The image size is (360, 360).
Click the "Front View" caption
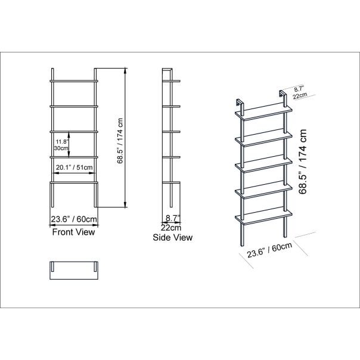point(73,232)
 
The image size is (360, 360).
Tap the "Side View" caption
point(173,237)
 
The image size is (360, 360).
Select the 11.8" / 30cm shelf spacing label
point(61,145)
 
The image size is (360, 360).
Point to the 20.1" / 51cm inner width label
point(74,167)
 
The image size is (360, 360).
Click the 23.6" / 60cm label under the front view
point(74,219)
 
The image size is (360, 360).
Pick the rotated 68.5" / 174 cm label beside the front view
point(120,141)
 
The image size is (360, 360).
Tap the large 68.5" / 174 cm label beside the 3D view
point(303,162)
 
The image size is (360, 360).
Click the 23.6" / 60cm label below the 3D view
point(269,250)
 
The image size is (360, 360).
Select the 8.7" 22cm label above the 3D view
point(300,92)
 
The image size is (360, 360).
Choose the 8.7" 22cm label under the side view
point(172,223)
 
